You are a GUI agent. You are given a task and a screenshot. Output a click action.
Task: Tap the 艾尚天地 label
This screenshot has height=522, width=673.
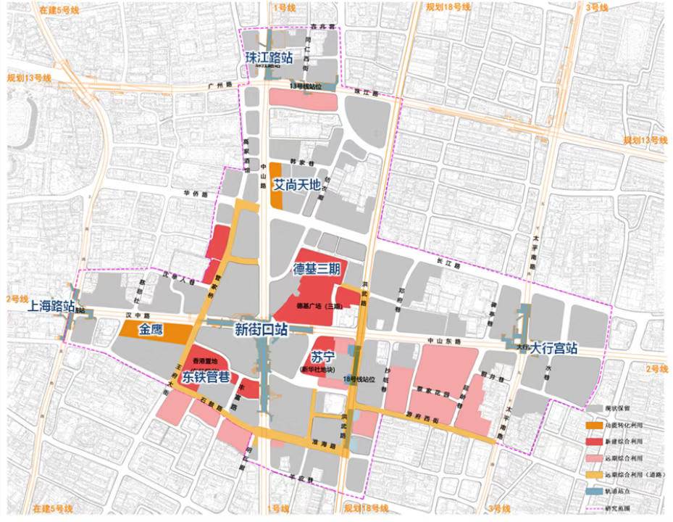[296, 186]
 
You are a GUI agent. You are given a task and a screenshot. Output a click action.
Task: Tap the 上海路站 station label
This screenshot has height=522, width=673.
[50, 306]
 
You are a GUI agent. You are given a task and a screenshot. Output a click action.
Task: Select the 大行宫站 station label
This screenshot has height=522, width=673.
[553, 348]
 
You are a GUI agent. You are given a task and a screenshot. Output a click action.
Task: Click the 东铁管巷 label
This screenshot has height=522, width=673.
[206, 376]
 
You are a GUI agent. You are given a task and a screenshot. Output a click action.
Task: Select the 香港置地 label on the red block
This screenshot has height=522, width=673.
[205, 361]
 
